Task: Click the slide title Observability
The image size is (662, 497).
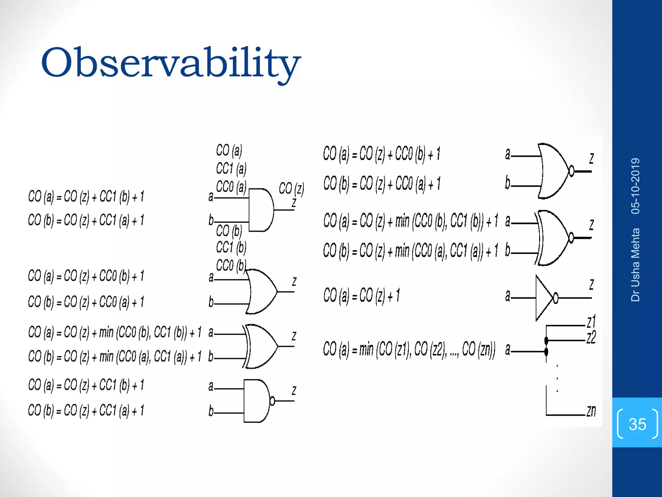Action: point(170,62)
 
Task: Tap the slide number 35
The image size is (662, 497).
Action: point(637,424)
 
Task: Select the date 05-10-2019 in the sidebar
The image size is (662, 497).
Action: point(635,186)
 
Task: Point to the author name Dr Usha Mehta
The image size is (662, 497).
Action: point(635,265)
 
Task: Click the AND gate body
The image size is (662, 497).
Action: point(261,210)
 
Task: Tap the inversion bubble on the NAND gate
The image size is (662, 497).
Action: point(272,401)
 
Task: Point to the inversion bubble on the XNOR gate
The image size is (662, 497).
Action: point(571,238)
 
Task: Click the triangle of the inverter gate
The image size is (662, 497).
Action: point(543,298)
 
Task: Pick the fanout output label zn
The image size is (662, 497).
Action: point(591,411)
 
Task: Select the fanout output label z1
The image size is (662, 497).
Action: point(591,322)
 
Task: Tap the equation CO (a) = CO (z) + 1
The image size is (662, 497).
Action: point(361,295)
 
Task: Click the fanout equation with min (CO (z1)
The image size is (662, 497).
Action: point(409,349)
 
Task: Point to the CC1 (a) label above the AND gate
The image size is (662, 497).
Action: point(231,169)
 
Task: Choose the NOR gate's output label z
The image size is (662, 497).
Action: point(591,158)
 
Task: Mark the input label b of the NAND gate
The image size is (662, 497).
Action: point(211,411)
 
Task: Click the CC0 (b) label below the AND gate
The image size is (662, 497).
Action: point(231,266)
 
